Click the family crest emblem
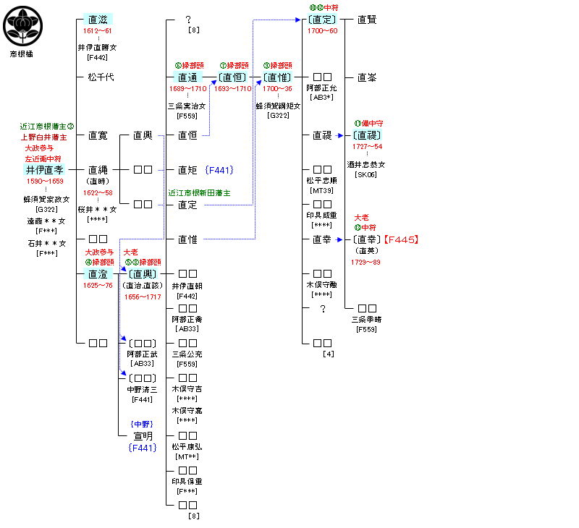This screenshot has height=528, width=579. click(x=20, y=25)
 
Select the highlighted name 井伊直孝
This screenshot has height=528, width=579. click(x=44, y=170)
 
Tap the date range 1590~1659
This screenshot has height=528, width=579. click(x=44, y=181)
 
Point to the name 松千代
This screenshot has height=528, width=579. click(x=101, y=77)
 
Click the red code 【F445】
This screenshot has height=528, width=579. click(x=402, y=239)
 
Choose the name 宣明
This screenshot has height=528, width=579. click(x=143, y=435)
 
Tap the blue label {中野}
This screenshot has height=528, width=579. click(x=143, y=424)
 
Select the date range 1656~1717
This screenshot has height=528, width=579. click(x=143, y=297)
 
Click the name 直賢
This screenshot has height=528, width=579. click(x=367, y=20)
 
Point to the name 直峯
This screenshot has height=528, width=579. click(x=367, y=77)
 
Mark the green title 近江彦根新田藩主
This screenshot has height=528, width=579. click(x=199, y=193)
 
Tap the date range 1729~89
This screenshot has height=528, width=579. click(x=366, y=262)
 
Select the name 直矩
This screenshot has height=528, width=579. click(x=187, y=170)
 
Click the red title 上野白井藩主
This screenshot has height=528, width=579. click(x=44, y=137)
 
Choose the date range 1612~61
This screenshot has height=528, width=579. click(x=97, y=31)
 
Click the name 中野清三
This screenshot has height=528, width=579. click(x=143, y=389)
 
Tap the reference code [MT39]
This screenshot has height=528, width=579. click(x=321, y=190)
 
